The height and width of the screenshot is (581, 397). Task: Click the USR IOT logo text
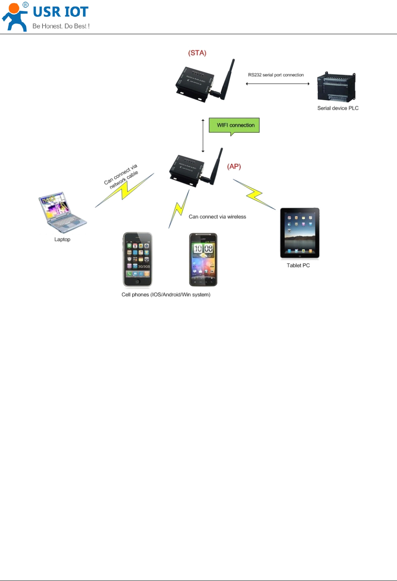tap(61, 12)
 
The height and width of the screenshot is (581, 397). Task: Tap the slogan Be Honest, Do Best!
tap(61, 26)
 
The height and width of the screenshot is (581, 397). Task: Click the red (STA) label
tap(197, 53)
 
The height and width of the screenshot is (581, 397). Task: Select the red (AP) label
tap(234, 167)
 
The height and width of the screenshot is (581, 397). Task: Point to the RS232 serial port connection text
tap(276, 75)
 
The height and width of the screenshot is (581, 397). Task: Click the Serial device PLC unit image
tap(336, 87)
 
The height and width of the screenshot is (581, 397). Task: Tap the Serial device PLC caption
tap(338, 108)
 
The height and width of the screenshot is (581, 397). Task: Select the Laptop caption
tap(62, 239)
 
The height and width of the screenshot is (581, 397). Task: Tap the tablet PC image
tap(299, 233)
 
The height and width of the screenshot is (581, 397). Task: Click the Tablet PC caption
tap(298, 265)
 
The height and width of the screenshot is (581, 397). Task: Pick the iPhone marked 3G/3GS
tap(137, 259)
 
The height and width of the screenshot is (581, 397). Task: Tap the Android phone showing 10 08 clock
tap(203, 259)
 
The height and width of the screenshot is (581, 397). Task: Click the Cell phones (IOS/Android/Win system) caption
tap(166, 294)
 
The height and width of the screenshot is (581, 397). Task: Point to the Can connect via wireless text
tap(217, 217)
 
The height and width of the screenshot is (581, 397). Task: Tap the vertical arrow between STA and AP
tap(203, 136)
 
